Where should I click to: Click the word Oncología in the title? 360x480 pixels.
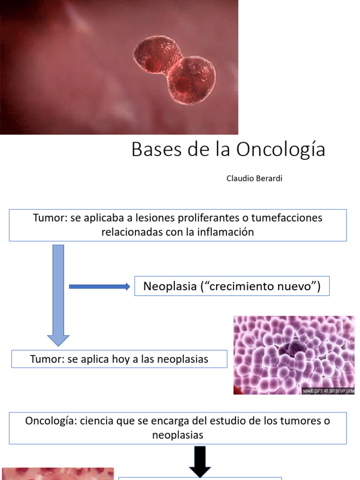coord(280,150)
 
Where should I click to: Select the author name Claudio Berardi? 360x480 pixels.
coord(254,179)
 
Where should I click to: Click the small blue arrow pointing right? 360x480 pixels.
coord(99,287)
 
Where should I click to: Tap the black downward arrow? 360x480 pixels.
coord(200,462)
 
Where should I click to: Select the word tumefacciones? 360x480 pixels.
coord(287,218)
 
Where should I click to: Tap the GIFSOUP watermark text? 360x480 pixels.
coord(328,390)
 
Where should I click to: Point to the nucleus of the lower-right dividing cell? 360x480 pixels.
coord(183,84)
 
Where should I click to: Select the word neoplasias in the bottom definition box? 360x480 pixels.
coord(178,435)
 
